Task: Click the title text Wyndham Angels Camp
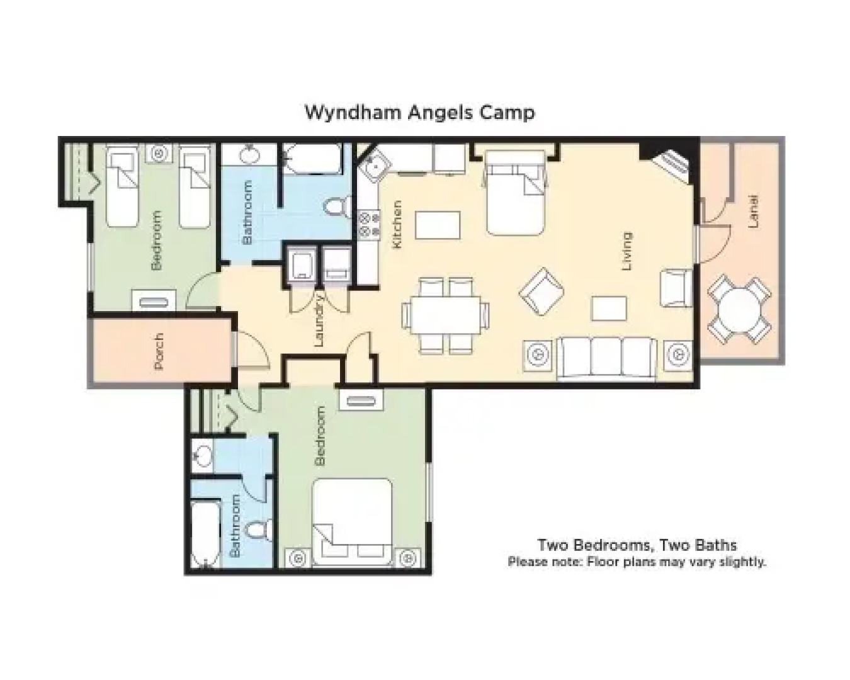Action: tap(420, 112)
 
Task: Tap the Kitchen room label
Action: tap(397, 225)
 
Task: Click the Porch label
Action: tap(158, 351)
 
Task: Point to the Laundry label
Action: tap(319, 321)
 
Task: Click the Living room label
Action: tap(626, 251)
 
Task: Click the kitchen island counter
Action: tap(438, 225)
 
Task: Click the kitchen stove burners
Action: tap(369, 225)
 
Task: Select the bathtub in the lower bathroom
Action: tap(205, 534)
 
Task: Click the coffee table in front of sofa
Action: tap(609, 309)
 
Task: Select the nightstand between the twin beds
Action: tap(160, 153)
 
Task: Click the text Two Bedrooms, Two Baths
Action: tap(637, 545)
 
